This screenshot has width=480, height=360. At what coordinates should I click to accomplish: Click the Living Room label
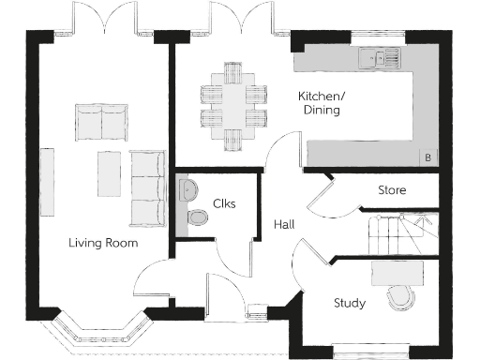[x=103, y=243]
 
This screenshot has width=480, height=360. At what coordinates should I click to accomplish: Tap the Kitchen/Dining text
[x=319, y=103]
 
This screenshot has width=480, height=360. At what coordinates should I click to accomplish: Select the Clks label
[x=223, y=203]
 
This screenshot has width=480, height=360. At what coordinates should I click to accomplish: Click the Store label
[x=392, y=190]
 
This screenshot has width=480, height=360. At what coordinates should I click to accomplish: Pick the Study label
[x=350, y=303]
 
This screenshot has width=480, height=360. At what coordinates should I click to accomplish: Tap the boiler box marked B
[x=428, y=157]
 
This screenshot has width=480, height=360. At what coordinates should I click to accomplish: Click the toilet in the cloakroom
[x=197, y=217]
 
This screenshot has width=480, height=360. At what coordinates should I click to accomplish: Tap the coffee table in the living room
[x=109, y=174]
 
